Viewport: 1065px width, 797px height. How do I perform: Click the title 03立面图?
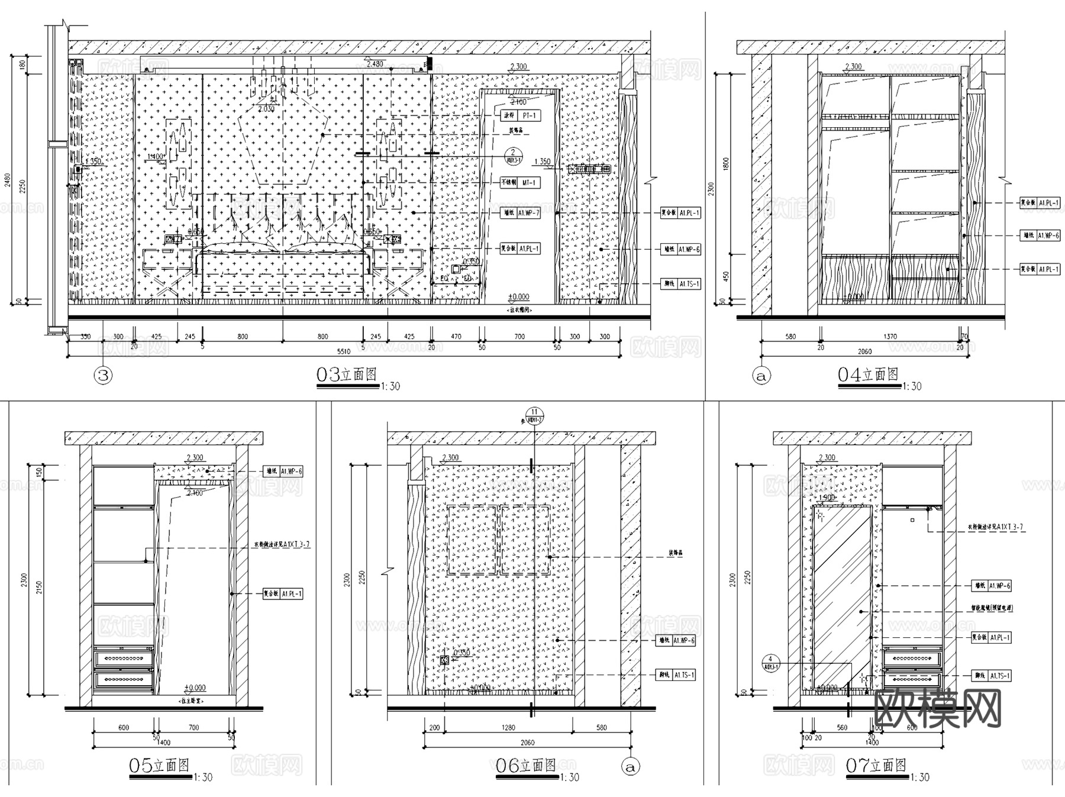point(347,375)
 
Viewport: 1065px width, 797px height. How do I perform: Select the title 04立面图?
point(868,375)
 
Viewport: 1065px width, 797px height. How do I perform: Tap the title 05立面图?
point(159,766)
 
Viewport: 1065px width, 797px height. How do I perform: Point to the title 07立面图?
point(876,766)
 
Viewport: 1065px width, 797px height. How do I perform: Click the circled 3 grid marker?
point(104,375)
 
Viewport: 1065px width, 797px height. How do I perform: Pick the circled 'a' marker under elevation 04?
point(762,376)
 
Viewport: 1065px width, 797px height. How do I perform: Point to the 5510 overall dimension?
point(344,351)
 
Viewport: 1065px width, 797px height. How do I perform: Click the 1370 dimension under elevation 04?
point(890,337)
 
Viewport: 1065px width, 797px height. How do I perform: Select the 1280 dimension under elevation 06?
point(508,728)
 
